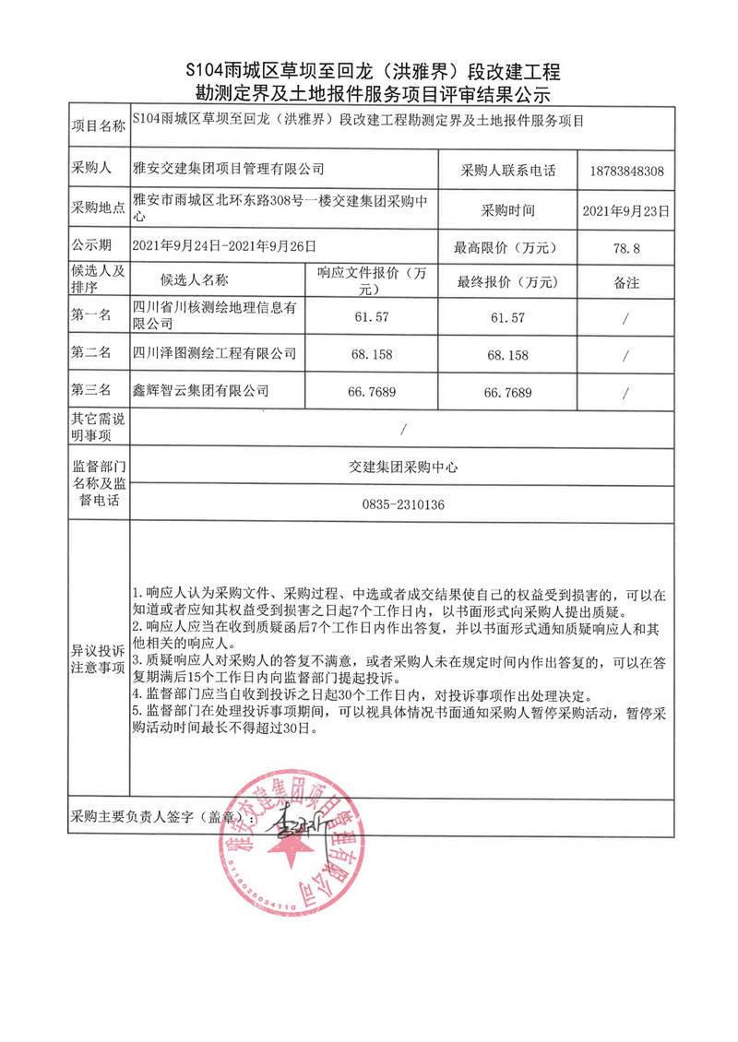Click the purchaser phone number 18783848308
pos(625,172)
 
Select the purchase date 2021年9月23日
pos(625,210)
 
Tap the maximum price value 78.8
pos(625,247)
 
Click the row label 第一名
pos(91,316)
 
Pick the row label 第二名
pos(91,354)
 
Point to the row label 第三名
pos(91,392)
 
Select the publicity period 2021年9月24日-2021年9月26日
pos(224,246)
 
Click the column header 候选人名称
pos(194,280)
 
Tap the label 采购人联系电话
pos(507,172)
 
